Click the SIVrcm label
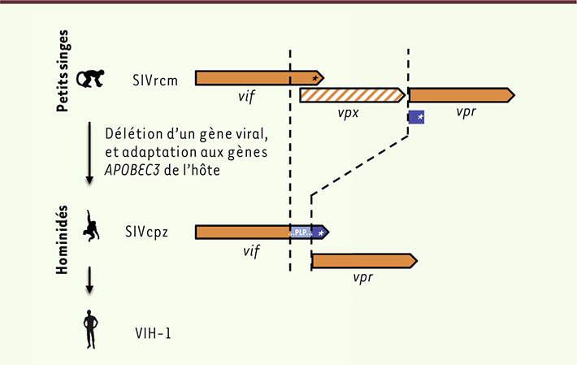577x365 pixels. coord(155,80)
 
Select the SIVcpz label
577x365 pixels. coord(146,232)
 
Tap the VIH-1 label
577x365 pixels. coord(153,333)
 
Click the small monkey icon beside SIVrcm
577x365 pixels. coord(90,78)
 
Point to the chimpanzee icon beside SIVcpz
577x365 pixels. coord(90,226)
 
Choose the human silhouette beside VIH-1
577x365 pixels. coord(90,329)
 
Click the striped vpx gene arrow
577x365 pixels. coord(352,95)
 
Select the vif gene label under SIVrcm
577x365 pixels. coord(246,97)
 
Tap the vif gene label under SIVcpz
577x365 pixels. coord(251,251)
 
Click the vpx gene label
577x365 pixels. coord(348,113)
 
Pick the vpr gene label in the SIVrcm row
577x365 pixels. coord(466,111)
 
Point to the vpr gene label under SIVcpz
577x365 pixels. coord(362,277)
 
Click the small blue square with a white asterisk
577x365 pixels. coord(416,117)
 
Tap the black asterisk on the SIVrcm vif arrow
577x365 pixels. coord(315,78)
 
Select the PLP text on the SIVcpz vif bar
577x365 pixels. coord(301,232)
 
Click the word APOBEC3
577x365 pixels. coord(132,171)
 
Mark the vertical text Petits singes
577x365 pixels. coord(63,71)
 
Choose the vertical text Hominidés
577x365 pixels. coord(63,240)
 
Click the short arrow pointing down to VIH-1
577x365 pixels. coord(89,280)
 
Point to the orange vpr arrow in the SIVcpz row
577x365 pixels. coord(364,261)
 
